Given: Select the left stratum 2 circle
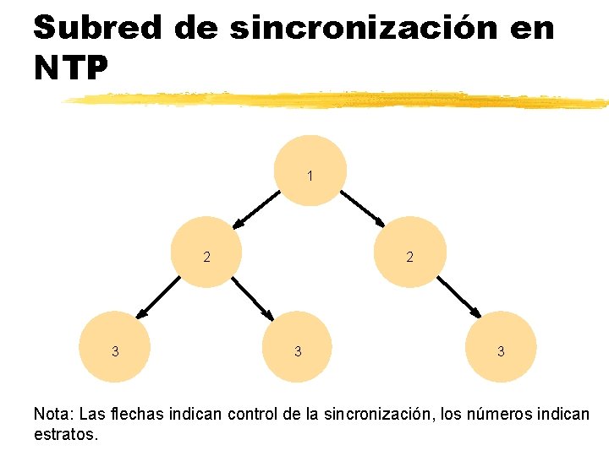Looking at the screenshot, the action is (206, 252).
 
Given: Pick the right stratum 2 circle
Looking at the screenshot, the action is (410, 252).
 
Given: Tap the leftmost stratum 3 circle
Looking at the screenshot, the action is (115, 347).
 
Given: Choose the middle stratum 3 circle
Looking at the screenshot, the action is (297, 347).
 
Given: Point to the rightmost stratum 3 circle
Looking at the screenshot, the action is (501, 347).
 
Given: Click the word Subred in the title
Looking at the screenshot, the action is (97, 28).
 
